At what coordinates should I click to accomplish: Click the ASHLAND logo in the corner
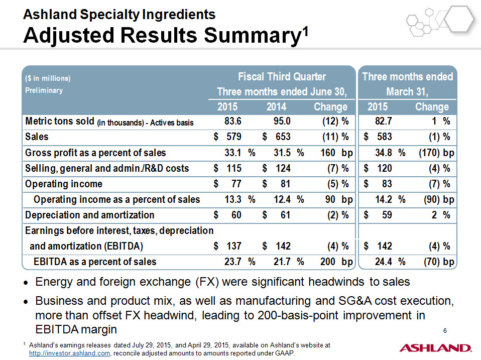point(435,348)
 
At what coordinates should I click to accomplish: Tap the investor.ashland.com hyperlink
point(69,353)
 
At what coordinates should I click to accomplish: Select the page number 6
point(445,330)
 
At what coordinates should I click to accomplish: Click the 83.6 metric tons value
point(233,121)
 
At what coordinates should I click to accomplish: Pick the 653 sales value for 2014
point(283,137)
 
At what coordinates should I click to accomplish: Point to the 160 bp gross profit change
point(336,153)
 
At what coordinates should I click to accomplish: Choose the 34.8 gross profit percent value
point(384,153)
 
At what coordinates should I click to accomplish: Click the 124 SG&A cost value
point(283,168)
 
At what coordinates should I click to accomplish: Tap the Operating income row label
point(63,184)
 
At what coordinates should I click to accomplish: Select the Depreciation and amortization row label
point(89,215)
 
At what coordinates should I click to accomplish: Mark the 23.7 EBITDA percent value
point(233,262)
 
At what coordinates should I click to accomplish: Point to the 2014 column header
point(276,107)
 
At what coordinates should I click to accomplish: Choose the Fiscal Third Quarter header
point(282,76)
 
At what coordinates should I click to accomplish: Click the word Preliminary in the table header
point(44,90)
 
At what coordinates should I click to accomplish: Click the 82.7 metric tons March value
point(384,121)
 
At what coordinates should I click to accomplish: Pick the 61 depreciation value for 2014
point(285,215)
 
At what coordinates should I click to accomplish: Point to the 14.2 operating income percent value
point(384,199)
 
